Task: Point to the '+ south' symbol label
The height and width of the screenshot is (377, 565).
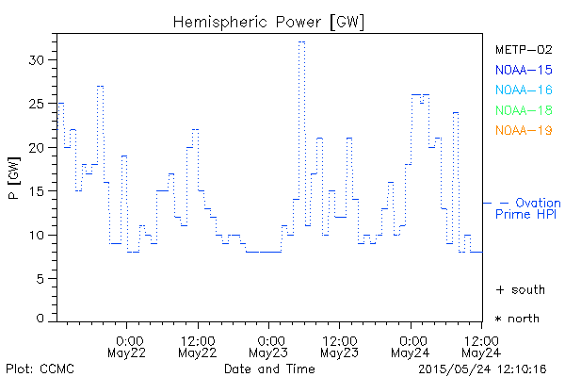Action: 517,289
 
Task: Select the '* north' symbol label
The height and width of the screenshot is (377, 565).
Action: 517,319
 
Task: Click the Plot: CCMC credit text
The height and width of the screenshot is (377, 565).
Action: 40,368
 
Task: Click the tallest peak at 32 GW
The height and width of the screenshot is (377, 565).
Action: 301,41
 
